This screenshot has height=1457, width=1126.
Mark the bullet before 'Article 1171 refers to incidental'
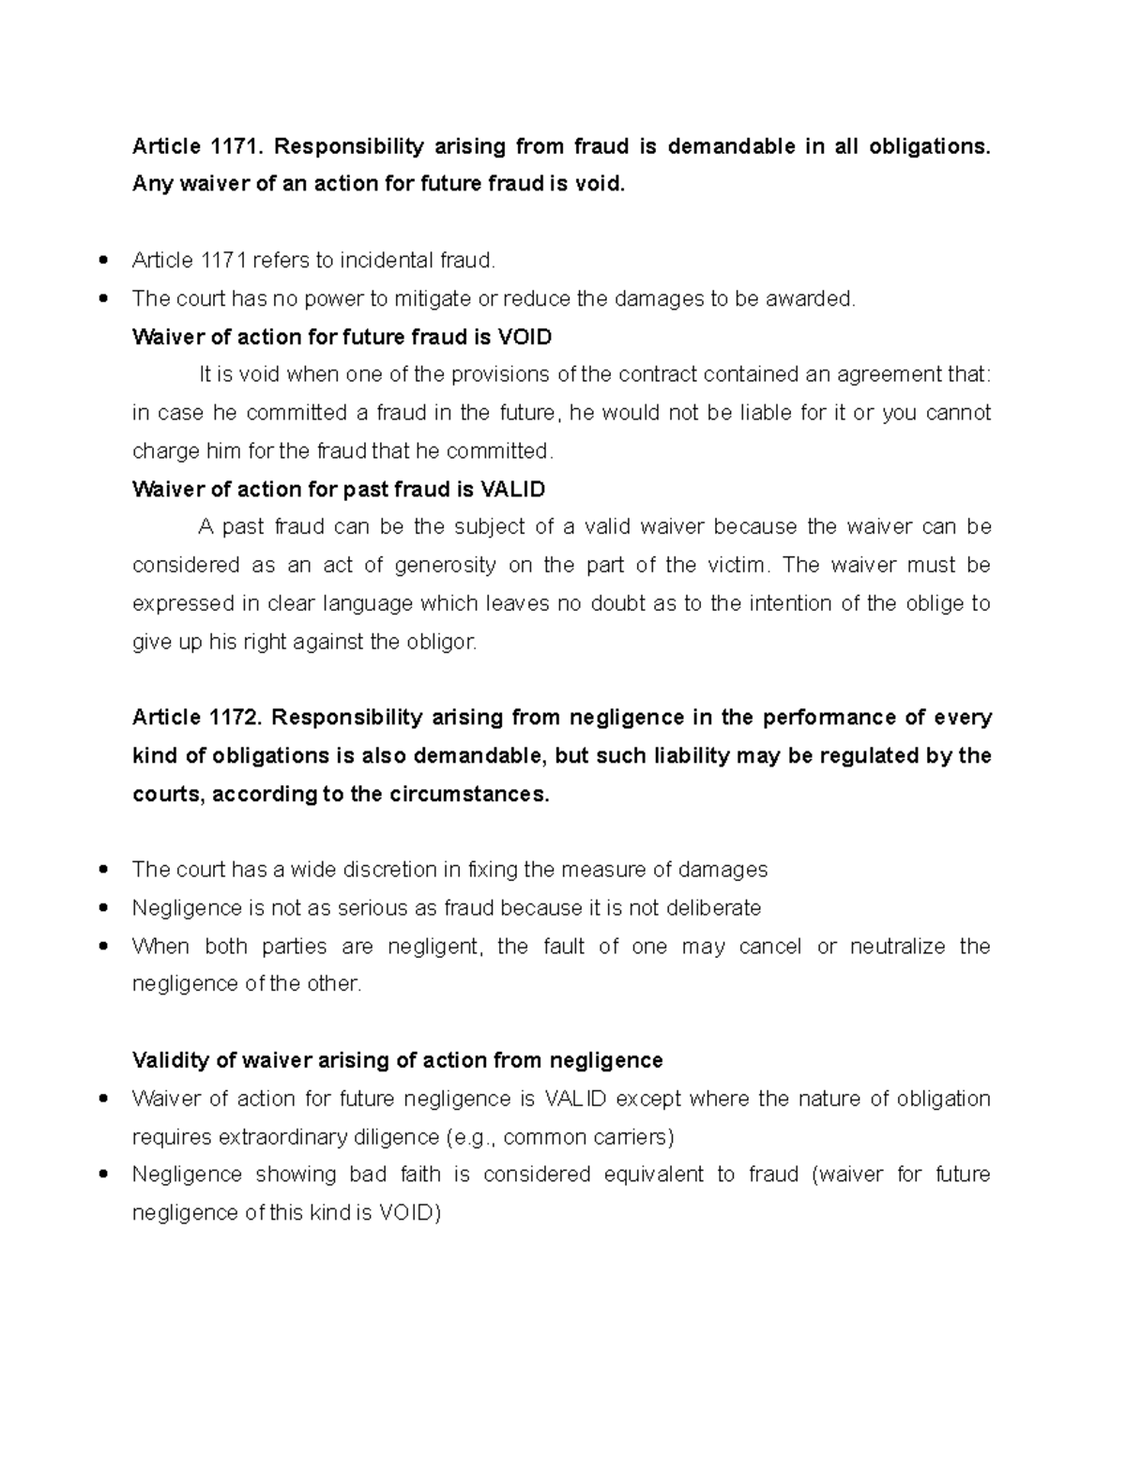(102, 260)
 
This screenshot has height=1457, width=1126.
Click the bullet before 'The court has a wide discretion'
(102, 870)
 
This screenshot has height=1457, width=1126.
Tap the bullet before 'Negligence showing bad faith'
(102, 1175)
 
